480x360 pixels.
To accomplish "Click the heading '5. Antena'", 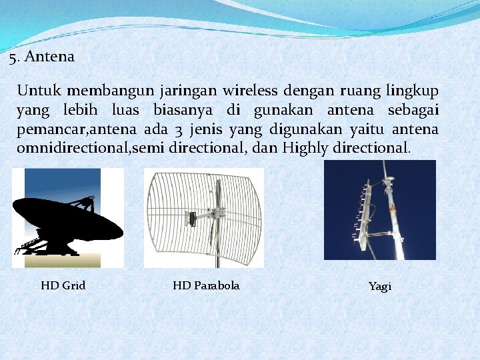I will [42, 57].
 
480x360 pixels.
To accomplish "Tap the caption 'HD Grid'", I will [63, 285].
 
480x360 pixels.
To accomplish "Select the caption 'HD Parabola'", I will [206, 285].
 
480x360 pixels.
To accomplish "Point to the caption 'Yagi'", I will [380, 286].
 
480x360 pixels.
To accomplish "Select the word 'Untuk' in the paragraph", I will [40, 90].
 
